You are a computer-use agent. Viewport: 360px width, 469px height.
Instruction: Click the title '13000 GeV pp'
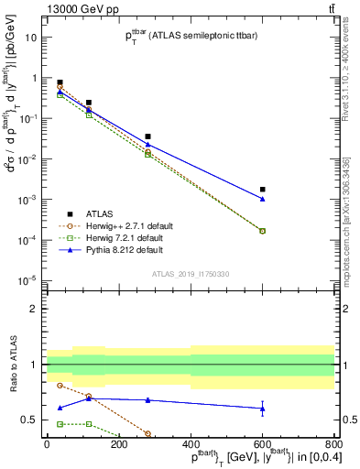coord(48,8)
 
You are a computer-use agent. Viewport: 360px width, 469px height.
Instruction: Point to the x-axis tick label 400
coord(191,446)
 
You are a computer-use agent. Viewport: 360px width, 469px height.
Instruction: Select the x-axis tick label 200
coord(119,446)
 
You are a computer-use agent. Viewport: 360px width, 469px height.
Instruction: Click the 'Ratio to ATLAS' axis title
coord(12,365)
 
